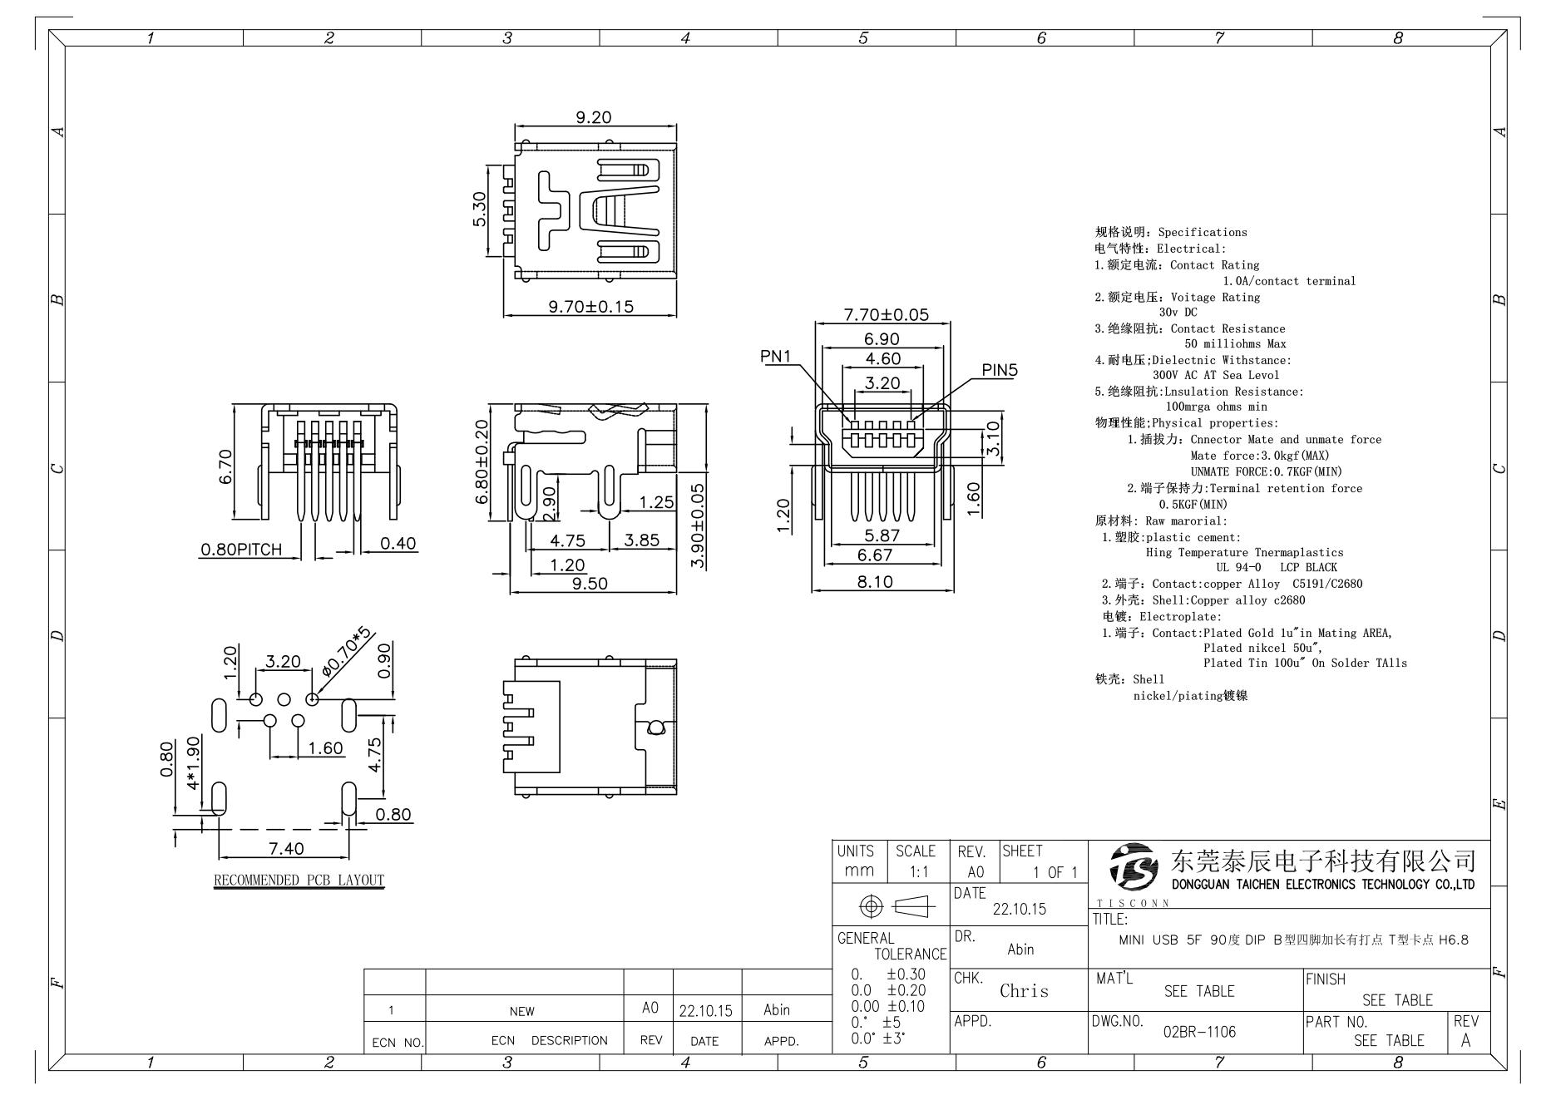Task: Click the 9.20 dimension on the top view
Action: click(593, 117)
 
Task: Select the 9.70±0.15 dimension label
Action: click(590, 307)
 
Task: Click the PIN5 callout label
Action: click(999, 370)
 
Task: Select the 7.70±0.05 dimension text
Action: click(886, 315)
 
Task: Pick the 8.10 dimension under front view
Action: click(875, 582)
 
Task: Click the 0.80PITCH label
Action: click(240, 550)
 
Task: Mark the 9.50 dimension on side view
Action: click(590, 584)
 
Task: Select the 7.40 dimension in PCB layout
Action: click(286, 848)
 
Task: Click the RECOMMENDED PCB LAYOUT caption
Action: click(299, 880)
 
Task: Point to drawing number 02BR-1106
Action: click(1198, 1032)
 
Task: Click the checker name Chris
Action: click(1024, 991)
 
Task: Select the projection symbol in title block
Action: click(891, 905)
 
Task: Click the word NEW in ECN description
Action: click(522, 1012)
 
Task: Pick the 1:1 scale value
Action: click(915, 871)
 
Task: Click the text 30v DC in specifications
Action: click(1178, 312)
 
